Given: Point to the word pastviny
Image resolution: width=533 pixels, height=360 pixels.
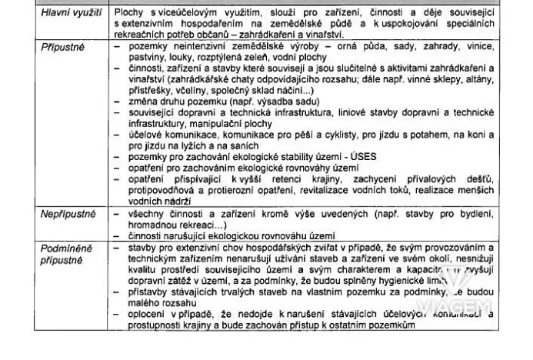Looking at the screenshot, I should coord(139,58).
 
